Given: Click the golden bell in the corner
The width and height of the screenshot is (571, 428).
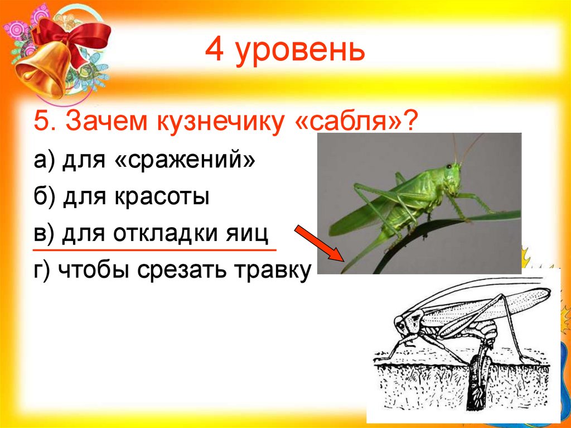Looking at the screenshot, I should point(39,75).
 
